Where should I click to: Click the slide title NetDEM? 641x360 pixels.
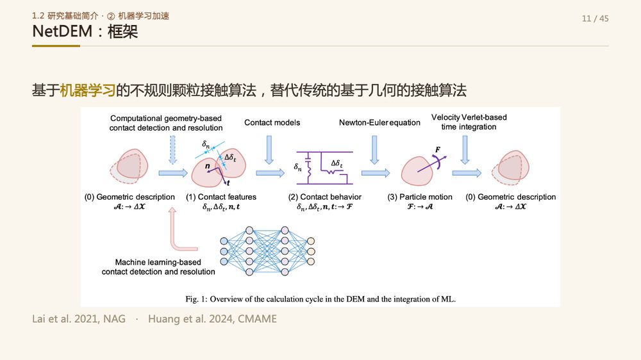[62, 31]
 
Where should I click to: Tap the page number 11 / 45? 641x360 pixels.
[595, 19]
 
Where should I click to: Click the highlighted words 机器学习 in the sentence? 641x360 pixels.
[87, 90]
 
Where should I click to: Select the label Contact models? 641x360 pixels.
[272, 122]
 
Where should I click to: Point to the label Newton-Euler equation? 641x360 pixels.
[379, 122]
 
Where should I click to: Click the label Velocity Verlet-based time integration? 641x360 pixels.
[469, 122]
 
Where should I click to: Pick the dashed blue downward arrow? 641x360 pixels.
[172, 150]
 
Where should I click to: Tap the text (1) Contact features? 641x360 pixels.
[221, 197]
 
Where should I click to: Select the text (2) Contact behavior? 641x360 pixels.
[325, 197]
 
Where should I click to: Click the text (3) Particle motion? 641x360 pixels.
[420, 197]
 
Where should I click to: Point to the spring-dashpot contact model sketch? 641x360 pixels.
[323, 168]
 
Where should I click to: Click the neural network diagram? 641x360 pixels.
[267, 251]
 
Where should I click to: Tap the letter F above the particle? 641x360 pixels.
[437, 149]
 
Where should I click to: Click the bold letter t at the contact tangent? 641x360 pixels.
[228, 183]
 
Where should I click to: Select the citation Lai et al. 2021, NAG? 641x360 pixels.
[79, 319]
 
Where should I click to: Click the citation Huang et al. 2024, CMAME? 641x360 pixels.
[213, 319]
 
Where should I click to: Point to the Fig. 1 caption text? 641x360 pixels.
[320, 299]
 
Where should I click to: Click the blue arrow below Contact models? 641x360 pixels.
[269, 150]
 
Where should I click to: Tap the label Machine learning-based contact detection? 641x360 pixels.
[158, 267]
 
